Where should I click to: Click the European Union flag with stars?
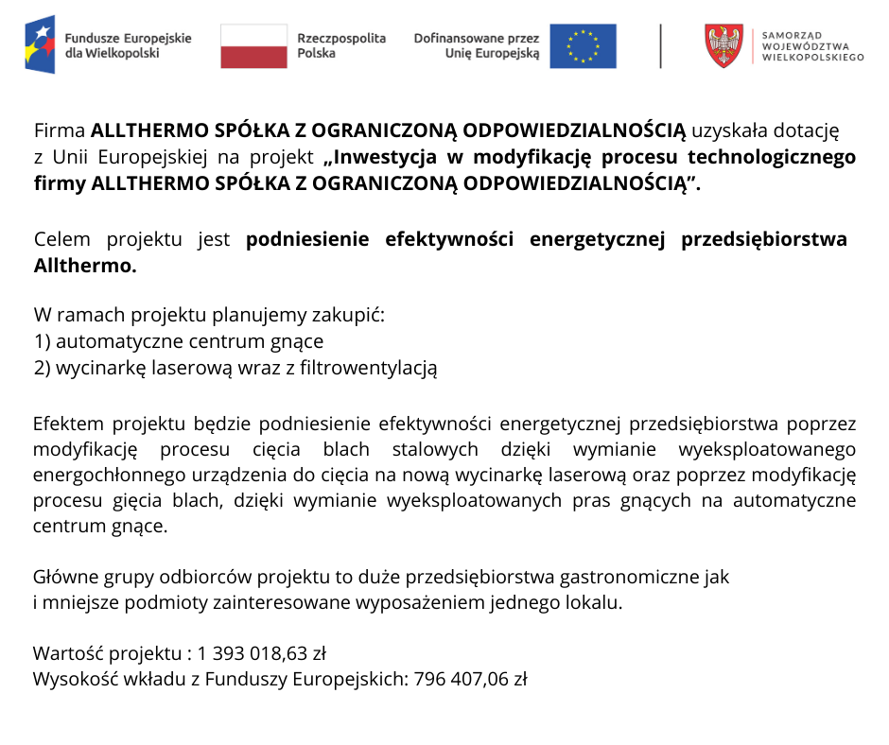click(x=583, y=45)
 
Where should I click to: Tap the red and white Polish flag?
click(x=253, y=45)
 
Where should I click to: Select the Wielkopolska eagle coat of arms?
click(x=724, y=45)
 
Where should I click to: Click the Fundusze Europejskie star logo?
click(x=40, y=44)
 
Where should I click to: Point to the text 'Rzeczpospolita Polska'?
click(x=341, y=45)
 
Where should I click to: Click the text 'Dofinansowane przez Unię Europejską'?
click(x=477, y=45)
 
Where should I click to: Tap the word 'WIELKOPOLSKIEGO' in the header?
click(x=812, y=58)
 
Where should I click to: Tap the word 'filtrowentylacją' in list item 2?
click(x=369, y=368)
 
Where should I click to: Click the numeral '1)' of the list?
click(x=42, y=341)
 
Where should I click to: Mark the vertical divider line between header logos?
click(x=661, y=45)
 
